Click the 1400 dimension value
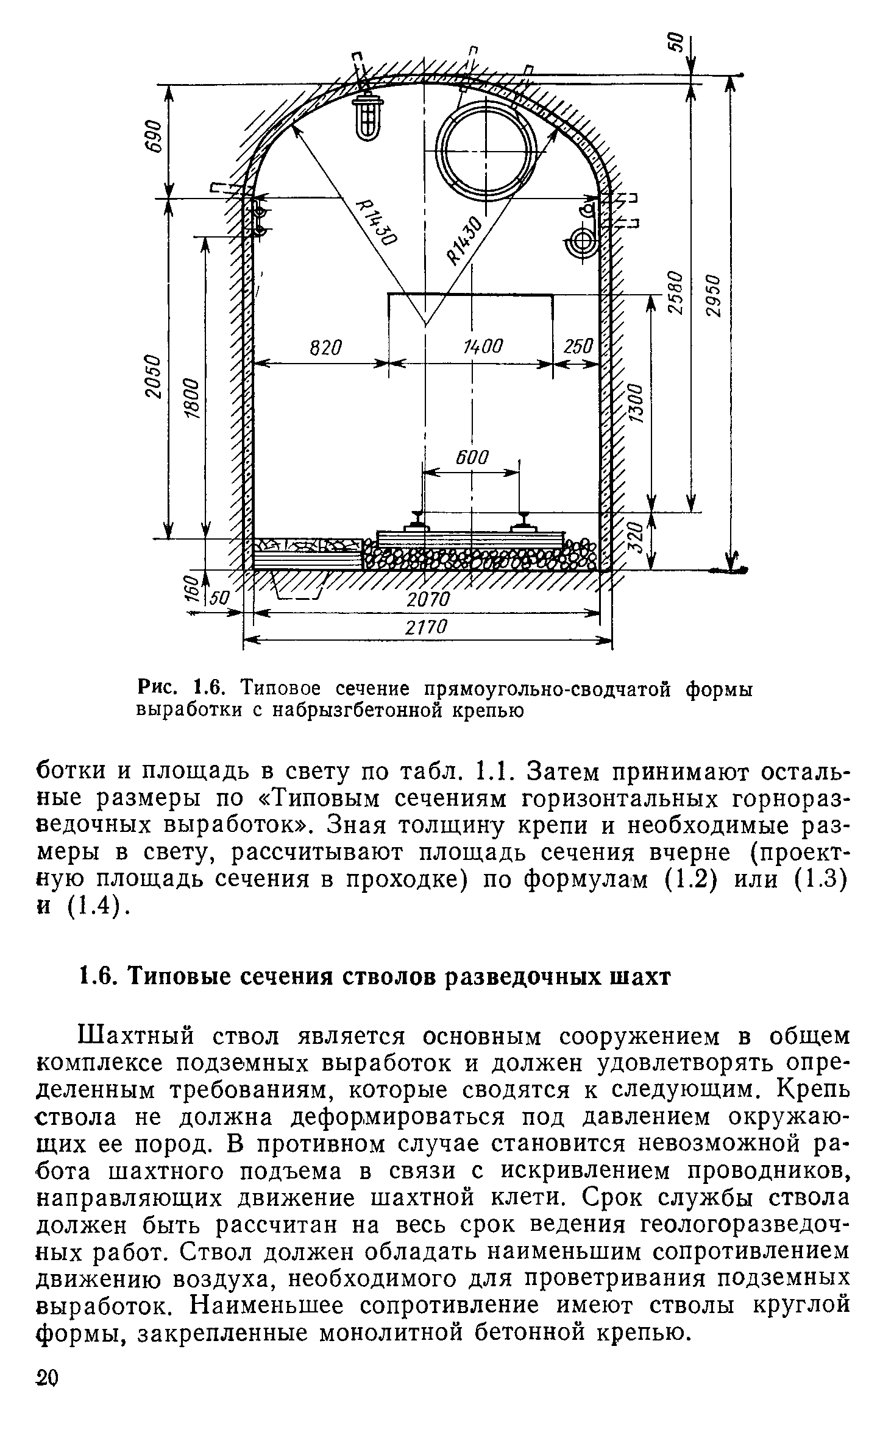click(483, 348)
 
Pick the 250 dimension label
click(577, 348)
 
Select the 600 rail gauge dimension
click(471, 457)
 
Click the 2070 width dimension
click(428, 599)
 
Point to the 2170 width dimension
click(427, 627)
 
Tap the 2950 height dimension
click(714, 295)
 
